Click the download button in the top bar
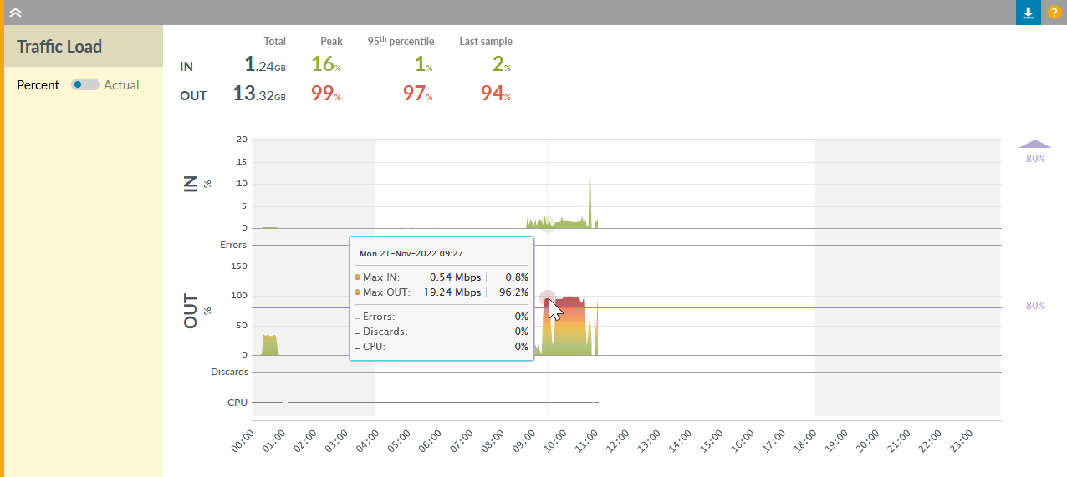click(x=1029, y=13)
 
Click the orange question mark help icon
click(x=1054, y=13)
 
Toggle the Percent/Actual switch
click(x=85, y=84)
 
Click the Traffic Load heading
click(x=59, y=47)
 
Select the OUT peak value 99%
click(x=325, y=94)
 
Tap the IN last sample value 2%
click(x=501, y=64)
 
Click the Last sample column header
click(x=485, y=41)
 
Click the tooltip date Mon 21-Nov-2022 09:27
click(x=411, y=252)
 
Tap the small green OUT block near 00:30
click(x=269, y=345)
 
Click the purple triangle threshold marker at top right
click(x=1035, y=144)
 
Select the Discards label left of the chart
click(x=229, y=372)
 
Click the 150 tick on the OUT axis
click(x=239, y=266)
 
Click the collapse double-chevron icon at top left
click(x=15, y=13)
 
